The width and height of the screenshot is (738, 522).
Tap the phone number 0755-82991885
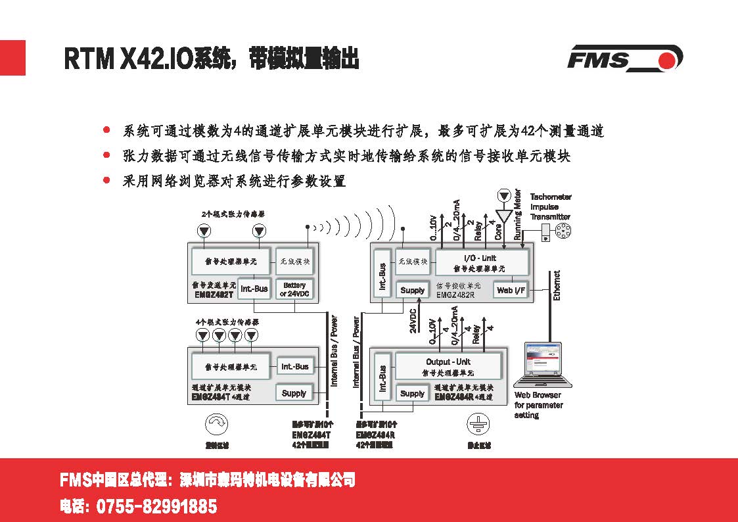156,507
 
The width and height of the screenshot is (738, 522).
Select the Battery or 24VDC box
294,289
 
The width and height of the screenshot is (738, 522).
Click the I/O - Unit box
482,262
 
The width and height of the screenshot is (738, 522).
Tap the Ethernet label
557,286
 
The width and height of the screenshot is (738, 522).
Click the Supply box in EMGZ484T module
294,393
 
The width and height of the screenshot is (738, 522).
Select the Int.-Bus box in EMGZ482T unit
254,289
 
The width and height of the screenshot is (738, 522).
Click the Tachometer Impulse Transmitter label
551,206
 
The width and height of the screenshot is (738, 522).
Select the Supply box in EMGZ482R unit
412,290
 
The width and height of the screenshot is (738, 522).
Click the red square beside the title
12,58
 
